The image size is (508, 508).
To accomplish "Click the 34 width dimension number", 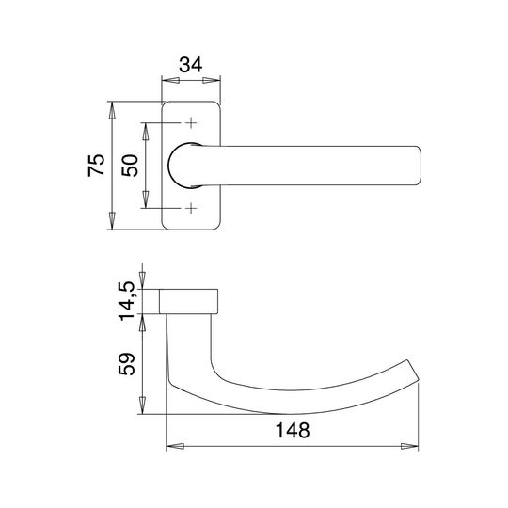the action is click(191, 65).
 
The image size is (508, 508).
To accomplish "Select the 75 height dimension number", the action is click(97, 166).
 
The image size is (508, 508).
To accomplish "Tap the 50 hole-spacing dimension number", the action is click(130, 166).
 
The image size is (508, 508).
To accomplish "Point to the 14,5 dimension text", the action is click(126, 301).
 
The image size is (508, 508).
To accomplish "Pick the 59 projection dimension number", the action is click(126, 364).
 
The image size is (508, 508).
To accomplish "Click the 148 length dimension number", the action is click(293, 430).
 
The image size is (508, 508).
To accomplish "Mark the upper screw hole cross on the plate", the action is click(191, 123).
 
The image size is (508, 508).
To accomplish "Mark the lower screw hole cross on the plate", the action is click(191, 208).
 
